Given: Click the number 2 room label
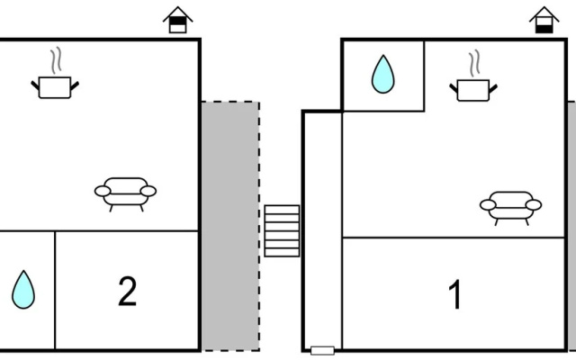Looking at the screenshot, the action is pyautogui.click(x=128, y=292).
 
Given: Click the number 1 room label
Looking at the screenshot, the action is pyautogui.click(x=454, y=294).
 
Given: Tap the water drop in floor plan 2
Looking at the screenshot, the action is pyautogui.click(x=23, y=290).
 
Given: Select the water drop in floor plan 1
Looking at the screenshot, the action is pyautogui.click(x=382, y=74).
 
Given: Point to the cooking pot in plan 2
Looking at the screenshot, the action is pyautogui.click(x=55, y=87).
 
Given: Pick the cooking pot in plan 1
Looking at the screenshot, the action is pyautogui.click(x=473, y=90).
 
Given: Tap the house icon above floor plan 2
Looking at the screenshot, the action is pyautogui.click(x=178, y=20).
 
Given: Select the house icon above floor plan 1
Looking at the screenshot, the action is pyautogui.click(x=544, y=20).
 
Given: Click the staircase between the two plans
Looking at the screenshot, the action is pyautogui.click(x=282, y=230).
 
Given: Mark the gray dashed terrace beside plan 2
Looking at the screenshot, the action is pyautogui.click(x=230, y=226).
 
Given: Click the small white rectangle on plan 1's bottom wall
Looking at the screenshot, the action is pyautogui.click(x=322, y=350).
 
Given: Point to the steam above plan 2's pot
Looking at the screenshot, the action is pyautogui.click(x=56, y=61).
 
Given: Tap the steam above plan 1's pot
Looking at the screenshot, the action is pyautogui.click(x=474, y=64).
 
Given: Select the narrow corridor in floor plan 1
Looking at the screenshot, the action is pyautogui.click(x=322, y=229).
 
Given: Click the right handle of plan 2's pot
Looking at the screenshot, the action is pyautogui.click(x=75, y=86).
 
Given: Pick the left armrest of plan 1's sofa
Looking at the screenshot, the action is pyautogui.click(x=488, y=205).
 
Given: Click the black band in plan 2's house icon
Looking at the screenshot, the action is pyautogui.click(x=178, y=22).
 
